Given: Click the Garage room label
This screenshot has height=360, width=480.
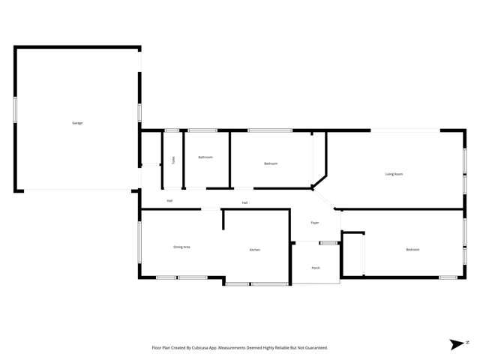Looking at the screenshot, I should tap(77, 123).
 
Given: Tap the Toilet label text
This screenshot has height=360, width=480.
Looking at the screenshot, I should tap(173, 160).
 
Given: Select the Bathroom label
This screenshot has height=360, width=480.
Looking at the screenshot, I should tap(205, 157).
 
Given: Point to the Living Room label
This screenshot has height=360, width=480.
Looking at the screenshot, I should tap(394, 174).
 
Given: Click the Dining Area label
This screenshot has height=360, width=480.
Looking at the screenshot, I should tap(181, 247).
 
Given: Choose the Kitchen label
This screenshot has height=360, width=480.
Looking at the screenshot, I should tap(255, 250).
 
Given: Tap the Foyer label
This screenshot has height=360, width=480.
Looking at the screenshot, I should tap(316, 223).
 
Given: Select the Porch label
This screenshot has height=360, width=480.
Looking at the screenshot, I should tap(316, 268).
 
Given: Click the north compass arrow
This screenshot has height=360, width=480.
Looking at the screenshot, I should tap(457, 344).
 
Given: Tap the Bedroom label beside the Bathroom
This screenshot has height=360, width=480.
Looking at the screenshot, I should tap(271, 163).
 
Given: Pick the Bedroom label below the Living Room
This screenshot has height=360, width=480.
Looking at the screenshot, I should tap(412, 250).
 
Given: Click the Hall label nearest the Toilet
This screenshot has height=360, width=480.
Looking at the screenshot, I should tap(170, 200).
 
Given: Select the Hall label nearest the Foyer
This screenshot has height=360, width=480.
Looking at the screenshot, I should tap(245, 203).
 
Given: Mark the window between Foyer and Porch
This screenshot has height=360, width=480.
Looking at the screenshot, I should tap(328, 242).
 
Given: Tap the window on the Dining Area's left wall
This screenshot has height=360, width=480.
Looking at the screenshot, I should tap(139, 241).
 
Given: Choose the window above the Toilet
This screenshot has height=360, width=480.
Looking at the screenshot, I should tap(172, 131).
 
